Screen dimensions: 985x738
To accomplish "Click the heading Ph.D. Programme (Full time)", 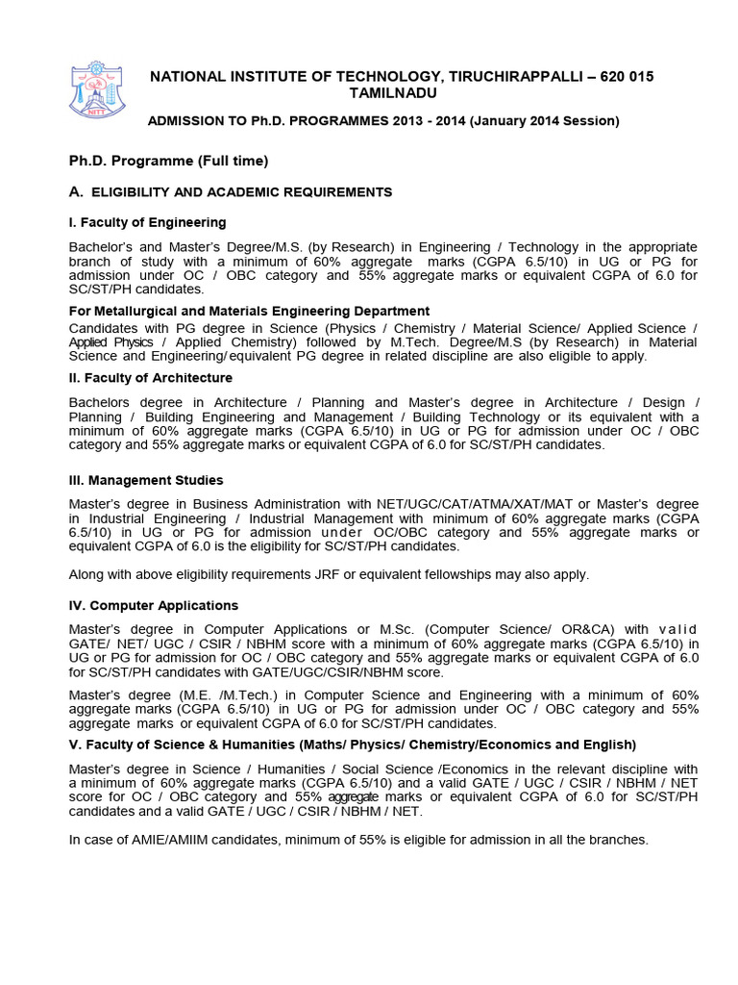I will pyautogui.click(x=168, y=160).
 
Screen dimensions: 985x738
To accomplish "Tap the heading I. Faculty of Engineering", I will pyautogui.click(x=147, y=222).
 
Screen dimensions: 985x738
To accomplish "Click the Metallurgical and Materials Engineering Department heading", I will pyautogui.click(x=249, y=311).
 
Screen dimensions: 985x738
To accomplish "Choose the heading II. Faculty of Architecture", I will pyautogui.click(x=150, y=378).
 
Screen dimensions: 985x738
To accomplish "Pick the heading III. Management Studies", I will pyautogui.click(x=146, y=480).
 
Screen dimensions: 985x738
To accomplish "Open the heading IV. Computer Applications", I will pyautogui.click(x=154, y=605).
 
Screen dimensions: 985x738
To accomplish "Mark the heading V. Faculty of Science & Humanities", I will pyautogui.click(x=352, y=745).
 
